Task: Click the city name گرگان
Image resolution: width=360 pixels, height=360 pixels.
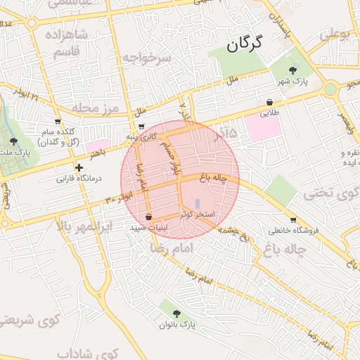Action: (x=245, y=45)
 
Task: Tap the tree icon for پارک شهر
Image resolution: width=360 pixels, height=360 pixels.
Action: (x=293, y=70)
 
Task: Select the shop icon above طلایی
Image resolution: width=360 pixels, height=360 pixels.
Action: (x=270, y=101)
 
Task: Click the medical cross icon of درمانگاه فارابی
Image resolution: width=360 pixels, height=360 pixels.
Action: (x=79, y=167)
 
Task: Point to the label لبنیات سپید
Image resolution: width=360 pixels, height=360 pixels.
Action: (x=148, y=229)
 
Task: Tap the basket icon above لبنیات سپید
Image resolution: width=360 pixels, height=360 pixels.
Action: (x=148, y=217)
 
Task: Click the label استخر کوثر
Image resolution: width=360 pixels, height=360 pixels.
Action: (x=202, y=213)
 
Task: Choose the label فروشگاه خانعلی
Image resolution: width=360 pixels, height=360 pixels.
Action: (x=293, y=230)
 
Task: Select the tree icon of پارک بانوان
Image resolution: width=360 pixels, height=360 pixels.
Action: (x=175, y=314)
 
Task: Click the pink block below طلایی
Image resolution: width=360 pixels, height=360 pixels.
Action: (x=263, y=127)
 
